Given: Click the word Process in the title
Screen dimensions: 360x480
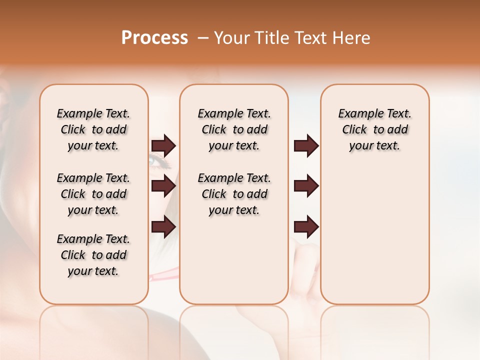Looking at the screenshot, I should tap(154, 38).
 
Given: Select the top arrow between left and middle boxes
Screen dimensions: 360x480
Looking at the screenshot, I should tap(163, 145).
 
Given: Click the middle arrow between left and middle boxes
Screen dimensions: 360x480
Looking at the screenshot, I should tap(163, 186).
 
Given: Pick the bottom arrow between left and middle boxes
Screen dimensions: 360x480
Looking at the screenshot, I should tap(163, 226).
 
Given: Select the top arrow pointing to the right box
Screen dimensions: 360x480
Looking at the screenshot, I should tap(306, 145).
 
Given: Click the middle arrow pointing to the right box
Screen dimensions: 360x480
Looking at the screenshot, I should tap(306, 186).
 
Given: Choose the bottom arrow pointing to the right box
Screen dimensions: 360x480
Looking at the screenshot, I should tap(306, 226).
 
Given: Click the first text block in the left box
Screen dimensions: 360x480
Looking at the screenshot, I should tap(93, 129).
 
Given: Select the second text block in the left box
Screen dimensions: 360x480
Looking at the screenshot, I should tap(93, 194).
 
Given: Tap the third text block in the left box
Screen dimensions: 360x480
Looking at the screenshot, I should tap(93, 255).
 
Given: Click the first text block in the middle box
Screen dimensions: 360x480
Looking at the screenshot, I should tap(234, 129).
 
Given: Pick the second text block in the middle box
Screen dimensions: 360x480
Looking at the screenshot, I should tap(234, 194).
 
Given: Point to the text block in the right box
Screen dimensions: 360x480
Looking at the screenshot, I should tap(375, 129).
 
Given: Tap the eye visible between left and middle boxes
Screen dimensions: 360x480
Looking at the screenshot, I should tap(159, 161).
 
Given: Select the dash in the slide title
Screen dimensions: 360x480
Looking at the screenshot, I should tap(203, 38).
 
